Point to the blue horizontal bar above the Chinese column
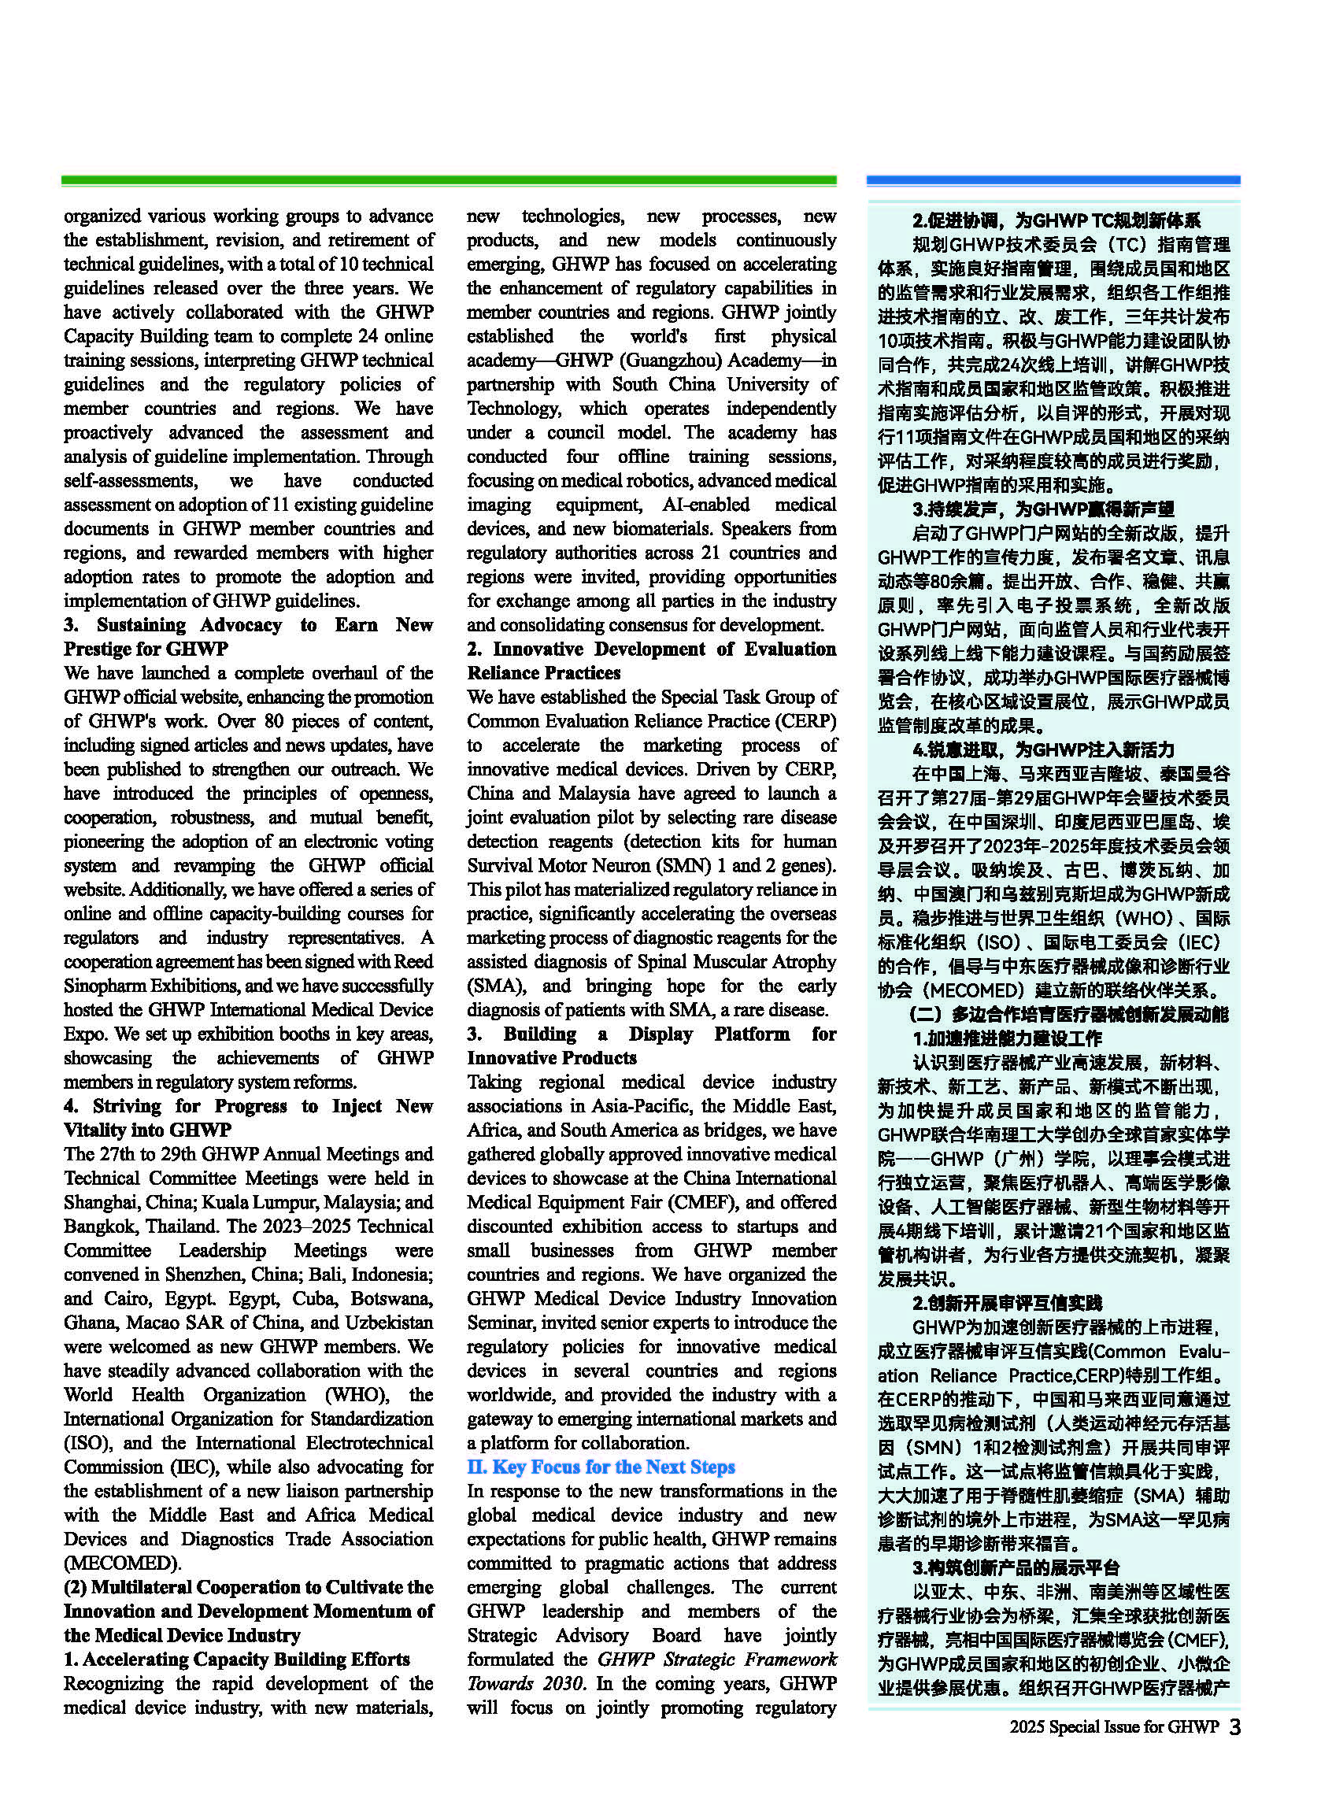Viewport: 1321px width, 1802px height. pyautogui.click(x=1053, y=182)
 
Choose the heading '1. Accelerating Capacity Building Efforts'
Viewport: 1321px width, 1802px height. pyautogui.click(x=237, y=1659)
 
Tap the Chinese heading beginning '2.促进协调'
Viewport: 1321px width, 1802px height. pyautogui.click(x=1056, y=220)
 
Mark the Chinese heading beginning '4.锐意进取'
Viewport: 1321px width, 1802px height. pyautogui.click(x=1043, y=750)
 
